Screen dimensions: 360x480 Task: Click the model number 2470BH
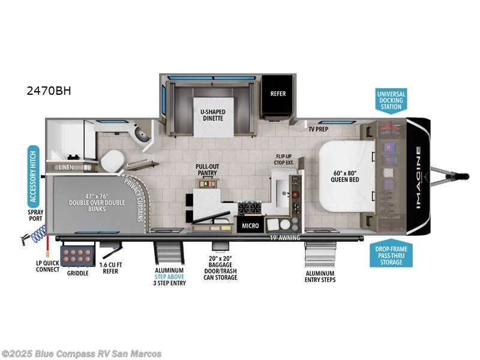click(49, 91)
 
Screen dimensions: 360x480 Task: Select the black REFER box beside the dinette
click(278, 94)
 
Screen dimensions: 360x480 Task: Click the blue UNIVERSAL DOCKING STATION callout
click(391, 101)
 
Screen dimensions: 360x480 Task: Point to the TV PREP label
click(318, 129)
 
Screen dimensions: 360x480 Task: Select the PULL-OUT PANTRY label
click(206, 169)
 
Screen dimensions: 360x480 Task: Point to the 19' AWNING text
click(285, 237)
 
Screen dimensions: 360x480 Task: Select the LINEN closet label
click(66, 167)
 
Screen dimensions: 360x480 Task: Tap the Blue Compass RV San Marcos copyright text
click(82, 353)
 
